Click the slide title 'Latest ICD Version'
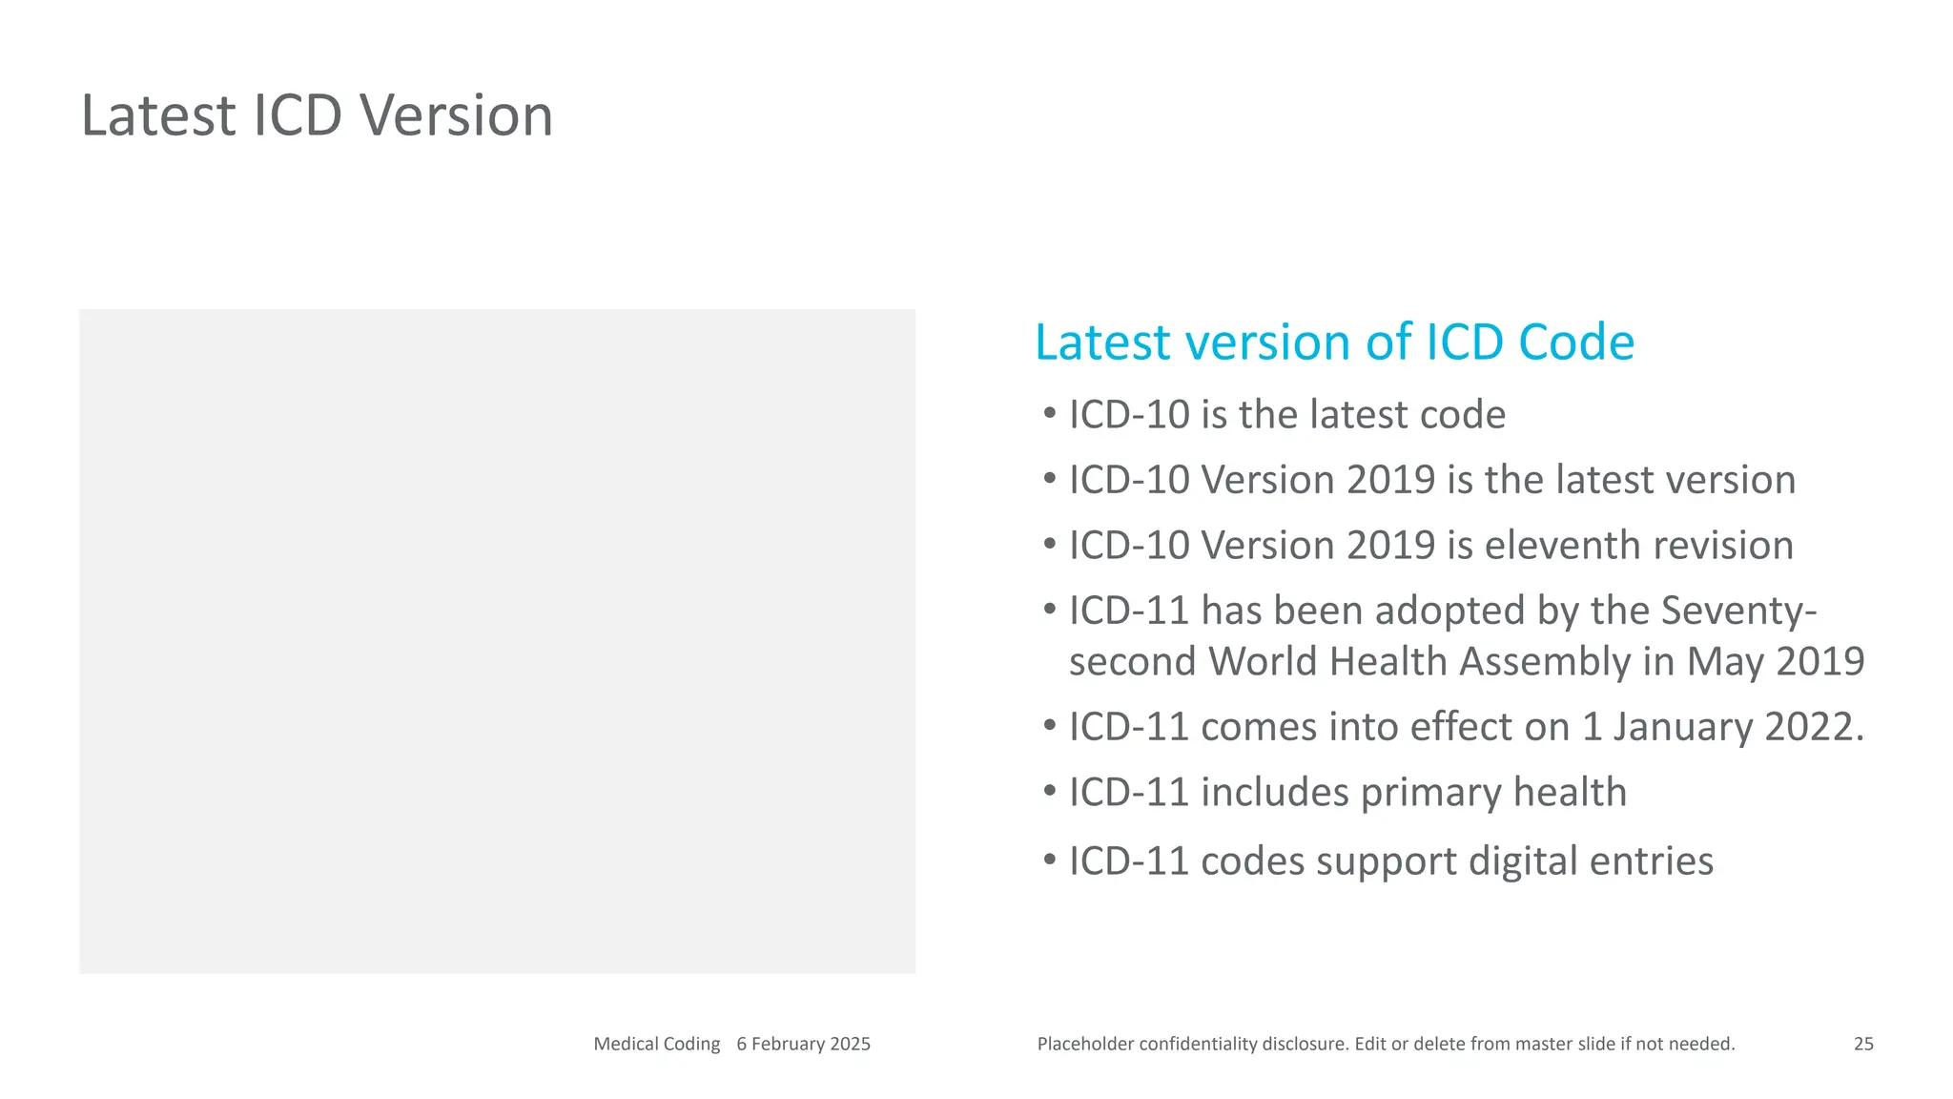point(317,115)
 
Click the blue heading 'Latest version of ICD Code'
point(1334,342)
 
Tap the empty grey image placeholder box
point(497,641)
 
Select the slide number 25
point(1863,1044)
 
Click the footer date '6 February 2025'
point(803,1044)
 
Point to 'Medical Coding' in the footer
point(656,1044)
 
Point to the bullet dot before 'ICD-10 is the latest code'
point(1049,414)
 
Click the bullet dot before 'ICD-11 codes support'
point(1049,861)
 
